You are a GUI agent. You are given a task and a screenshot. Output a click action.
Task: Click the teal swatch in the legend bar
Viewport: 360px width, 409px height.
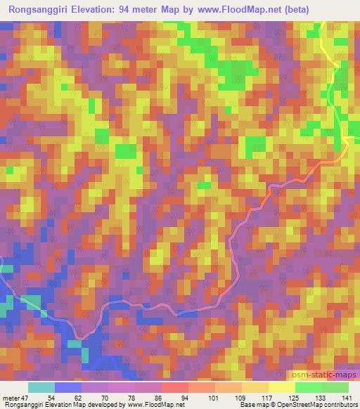[x=41, y=387]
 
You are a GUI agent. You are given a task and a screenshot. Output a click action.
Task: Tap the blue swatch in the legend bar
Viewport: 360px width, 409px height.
[x=68, y=387]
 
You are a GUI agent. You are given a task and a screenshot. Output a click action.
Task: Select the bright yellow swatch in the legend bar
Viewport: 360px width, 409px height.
[x=282, y=387]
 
